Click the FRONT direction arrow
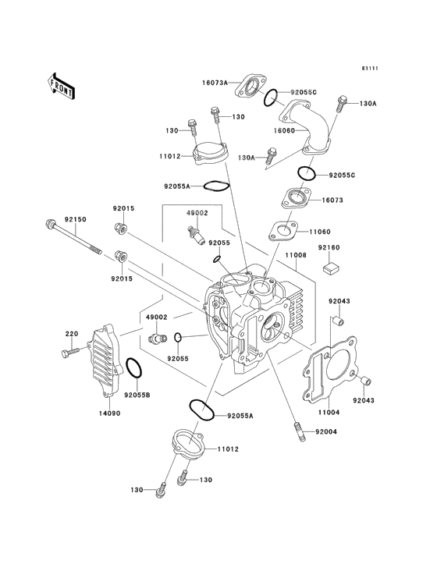62,85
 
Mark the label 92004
328,431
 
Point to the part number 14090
109,413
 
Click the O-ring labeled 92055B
134,367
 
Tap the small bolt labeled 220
67,353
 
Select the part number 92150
75,220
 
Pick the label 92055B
137,395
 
